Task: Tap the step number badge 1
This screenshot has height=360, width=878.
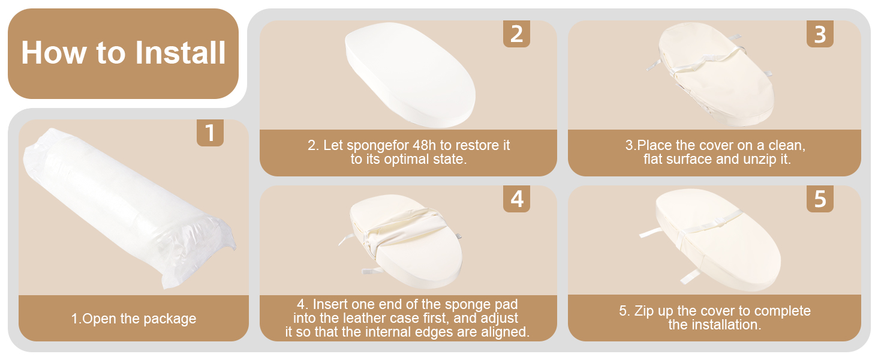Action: point(210,133)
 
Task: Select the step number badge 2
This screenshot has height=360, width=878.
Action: point(516,34)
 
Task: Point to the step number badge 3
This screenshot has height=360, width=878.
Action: point(820,34)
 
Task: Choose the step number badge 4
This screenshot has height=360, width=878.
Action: point(516,199)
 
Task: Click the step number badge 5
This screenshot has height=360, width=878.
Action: point(820,199)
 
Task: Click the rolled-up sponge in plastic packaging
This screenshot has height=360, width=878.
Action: point(130,208)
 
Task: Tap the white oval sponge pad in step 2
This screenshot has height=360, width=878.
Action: point(410,74)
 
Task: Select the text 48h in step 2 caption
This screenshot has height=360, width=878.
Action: point(424,145)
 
